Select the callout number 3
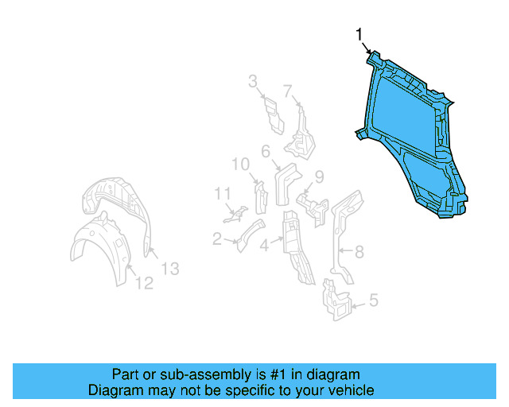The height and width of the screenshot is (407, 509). (x=253, y=80)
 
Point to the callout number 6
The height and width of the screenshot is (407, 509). (x=266, y=150)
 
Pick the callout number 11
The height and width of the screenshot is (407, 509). (x=222, y=192)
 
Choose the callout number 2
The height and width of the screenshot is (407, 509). (x=217, y=238)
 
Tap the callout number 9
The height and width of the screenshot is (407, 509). (x=318, y=176)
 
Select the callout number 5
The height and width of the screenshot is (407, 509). (x=374, y=301)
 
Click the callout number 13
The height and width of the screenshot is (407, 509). (x=170, y=269)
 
